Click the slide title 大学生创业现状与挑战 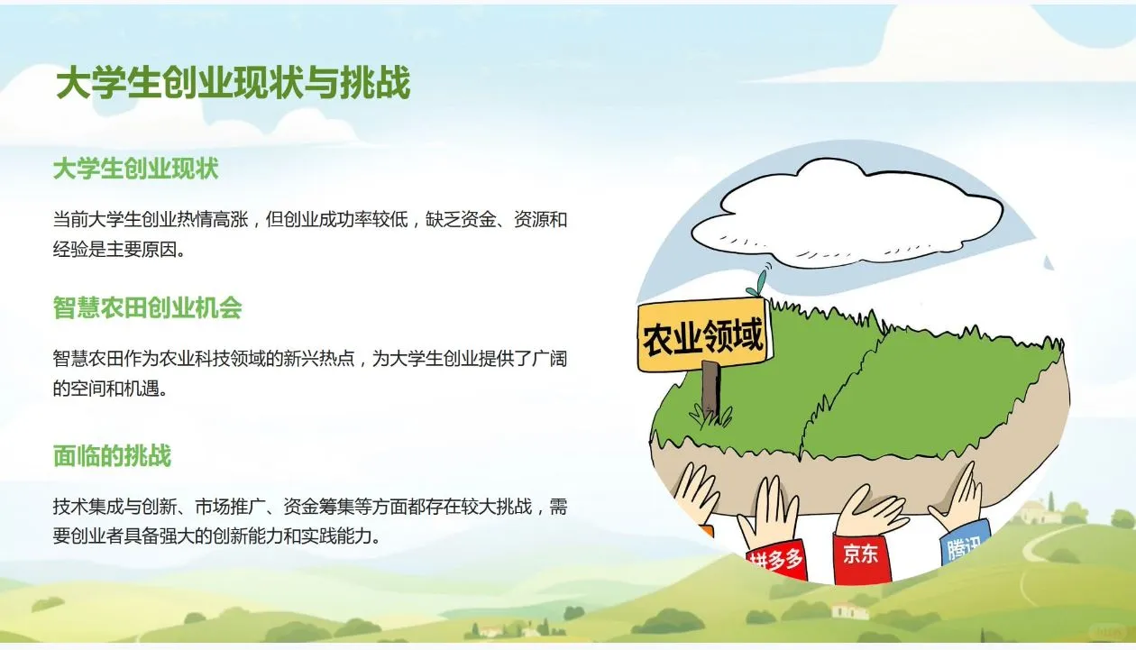pyautogui.click(x=233, y=84)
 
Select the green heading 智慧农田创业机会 pyautogui.click(x=147, y=308)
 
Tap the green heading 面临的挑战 pyautogui.click(x=112, y=455)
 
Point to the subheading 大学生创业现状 pyautogui.click(x=135, y=169)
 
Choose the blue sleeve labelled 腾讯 pyautogui.click(x=963, y=545)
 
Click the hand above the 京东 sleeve pyautogui.click(x=870, y=512)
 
